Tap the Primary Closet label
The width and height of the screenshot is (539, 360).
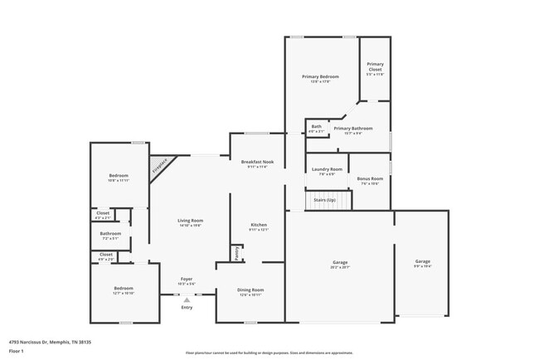point(375,67)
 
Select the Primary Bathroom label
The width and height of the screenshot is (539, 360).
point(353,129)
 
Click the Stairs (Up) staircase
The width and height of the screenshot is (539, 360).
point(323,201)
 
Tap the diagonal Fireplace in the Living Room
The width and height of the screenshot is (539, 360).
point(160,167)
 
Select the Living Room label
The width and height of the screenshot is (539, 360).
point(190,221)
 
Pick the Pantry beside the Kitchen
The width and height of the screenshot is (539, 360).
point(236,253)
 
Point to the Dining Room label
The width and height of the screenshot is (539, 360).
point(250,292)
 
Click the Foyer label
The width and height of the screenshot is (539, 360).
point(187,281)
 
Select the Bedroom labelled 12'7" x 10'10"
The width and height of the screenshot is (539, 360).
point(124,290)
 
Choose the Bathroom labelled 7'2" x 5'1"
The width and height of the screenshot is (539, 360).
point(110,235)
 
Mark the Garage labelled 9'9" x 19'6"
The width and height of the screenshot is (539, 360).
point(422,263)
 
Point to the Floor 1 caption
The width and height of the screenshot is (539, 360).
point(17,351)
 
